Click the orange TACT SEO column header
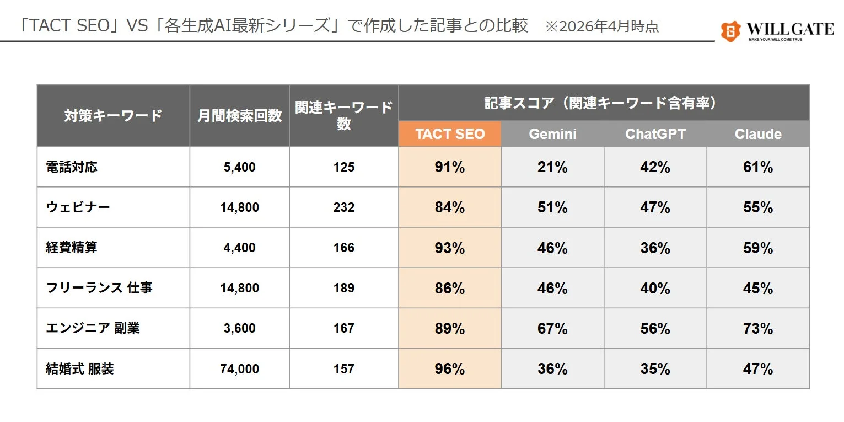click(x=449, y=134)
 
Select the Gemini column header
click(x=552, y=134)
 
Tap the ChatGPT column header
click(x=655, y=134)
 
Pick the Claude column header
click(x=758, y=134)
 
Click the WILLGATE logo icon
click(x=730, y=31)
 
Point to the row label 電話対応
click(x=72, y=167)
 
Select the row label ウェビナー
click(x=78, y=207)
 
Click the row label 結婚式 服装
click(x=80, y=368)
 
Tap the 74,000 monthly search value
click(x=239, y=368)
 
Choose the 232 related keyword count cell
click(x=343, y=207)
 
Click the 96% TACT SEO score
click(x=449, y=368)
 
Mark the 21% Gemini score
click(x=552, y=167)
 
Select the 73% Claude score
click(x=758, y=328)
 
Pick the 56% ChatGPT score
click(x=655, y=328)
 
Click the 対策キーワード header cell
click(x=113, y=115)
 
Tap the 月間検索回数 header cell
click(x=239, y=115)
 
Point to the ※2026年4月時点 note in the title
click(x=601, y=26)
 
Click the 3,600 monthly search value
click(x=239, y=328)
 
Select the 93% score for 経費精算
click(x=449, y=248)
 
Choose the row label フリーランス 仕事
click(x=99, y=288)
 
